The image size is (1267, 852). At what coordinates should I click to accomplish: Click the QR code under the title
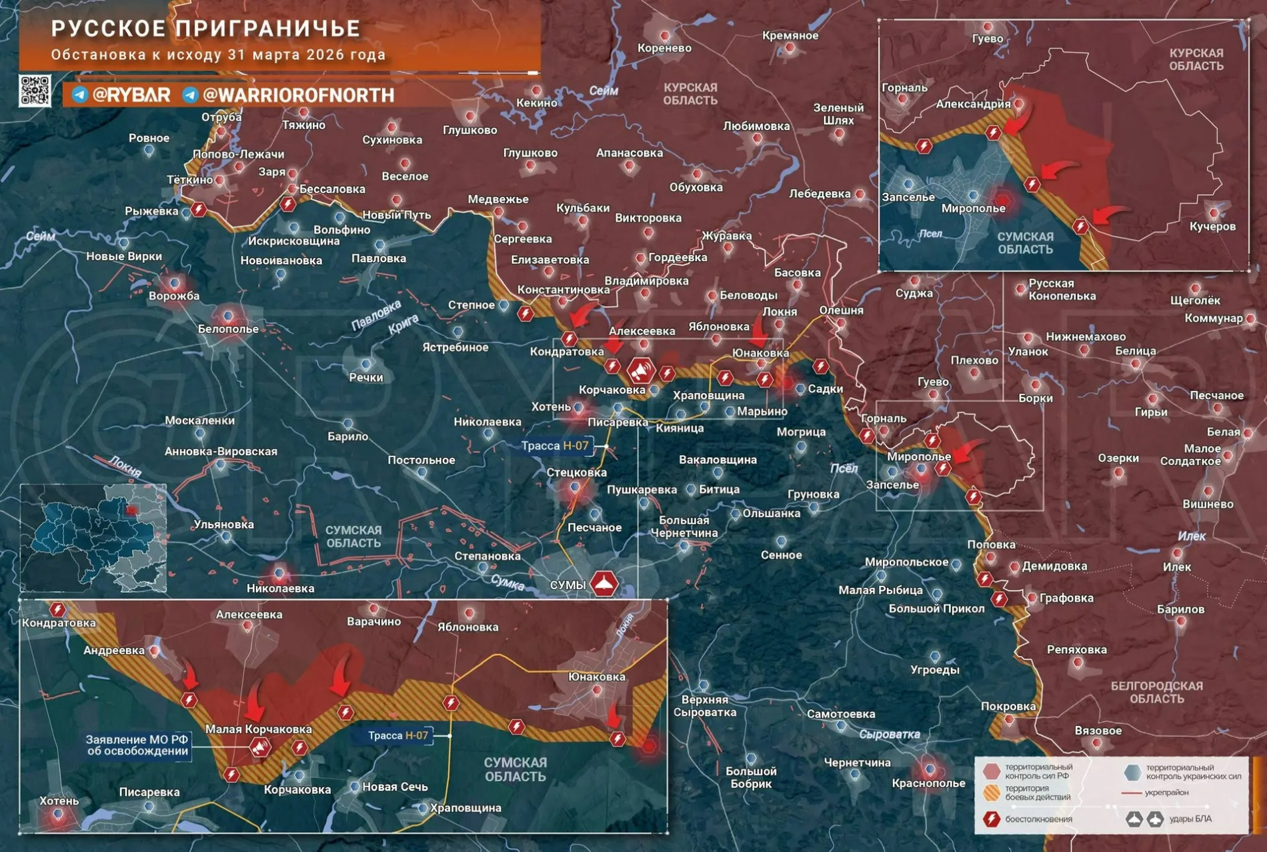pos(35,91)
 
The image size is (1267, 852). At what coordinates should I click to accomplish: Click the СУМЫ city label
pos(567,585)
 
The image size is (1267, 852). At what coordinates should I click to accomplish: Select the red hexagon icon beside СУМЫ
pos(604,584)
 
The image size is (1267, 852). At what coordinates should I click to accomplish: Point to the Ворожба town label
pos(173,296)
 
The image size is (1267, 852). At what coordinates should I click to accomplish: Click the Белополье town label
pos(228,329)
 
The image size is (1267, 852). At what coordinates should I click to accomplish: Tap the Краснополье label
pos(928,783)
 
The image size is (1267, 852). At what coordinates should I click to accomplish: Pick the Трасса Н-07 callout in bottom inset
pos(398,735)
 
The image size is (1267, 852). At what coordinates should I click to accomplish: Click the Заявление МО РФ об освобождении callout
pos(137,745)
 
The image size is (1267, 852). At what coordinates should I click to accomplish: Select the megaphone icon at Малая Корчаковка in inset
pos(259,747)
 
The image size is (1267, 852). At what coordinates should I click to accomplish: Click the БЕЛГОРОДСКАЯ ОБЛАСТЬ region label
pos(1156,692)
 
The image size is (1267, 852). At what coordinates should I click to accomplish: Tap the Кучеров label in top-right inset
pos(1212,226)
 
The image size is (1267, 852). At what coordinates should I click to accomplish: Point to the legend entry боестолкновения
pos(1038,819)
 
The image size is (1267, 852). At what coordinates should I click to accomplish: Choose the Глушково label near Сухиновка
pos(469,130)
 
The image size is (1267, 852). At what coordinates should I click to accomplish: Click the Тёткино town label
pos(189,179)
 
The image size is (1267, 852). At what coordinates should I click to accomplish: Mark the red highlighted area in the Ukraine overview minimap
pos(131,510)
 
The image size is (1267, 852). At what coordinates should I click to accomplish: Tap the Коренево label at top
pos(664,48)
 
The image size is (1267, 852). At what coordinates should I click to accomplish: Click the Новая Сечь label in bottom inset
pos(395,787)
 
